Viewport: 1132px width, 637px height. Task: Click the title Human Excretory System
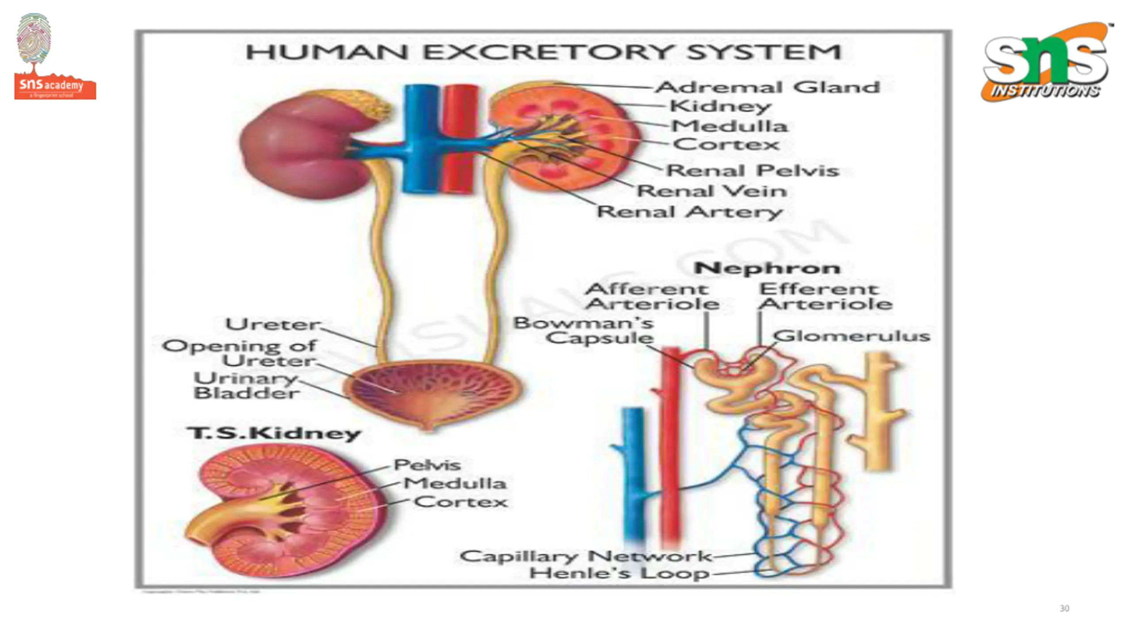543,52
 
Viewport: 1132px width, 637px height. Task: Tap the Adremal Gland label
767,87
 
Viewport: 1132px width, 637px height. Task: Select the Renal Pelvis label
752,171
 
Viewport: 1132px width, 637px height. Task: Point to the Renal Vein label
711,191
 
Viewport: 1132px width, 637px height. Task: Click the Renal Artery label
690,212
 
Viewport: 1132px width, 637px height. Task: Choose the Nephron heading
767,268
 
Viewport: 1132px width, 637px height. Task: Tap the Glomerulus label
851,336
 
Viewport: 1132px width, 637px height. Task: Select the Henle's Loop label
619,574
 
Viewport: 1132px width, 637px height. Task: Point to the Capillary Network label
585,556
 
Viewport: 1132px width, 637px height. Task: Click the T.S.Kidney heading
274,433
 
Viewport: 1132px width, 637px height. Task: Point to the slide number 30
1064,609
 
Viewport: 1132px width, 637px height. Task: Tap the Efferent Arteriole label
825,296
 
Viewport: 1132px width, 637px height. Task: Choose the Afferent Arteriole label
652,296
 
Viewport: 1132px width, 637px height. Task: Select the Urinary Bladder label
246,386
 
